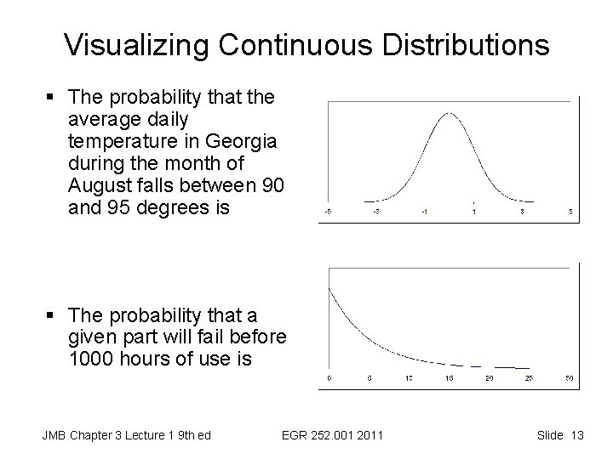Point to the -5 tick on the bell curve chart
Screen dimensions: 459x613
[x=328, y=211]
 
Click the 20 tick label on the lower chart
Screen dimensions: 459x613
[x=489, y=378]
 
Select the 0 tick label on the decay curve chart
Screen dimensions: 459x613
[x=329, y=378]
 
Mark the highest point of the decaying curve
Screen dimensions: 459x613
[x=329, y=288]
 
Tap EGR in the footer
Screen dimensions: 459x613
[x=295, y=436]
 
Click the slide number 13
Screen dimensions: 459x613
[x=576, y=436]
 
